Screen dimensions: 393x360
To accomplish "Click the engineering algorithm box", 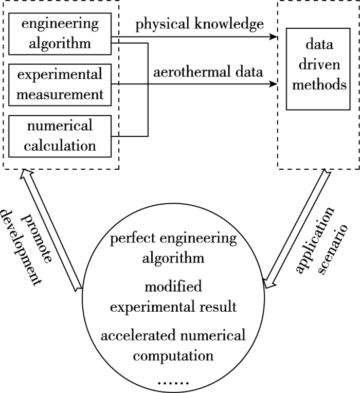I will [61, 33].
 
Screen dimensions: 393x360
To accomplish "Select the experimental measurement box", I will [61, 83].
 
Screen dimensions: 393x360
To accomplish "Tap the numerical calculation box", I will [61, 135].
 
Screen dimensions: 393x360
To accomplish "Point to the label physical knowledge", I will [200, 25].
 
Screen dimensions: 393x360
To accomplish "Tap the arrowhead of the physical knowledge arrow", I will [273, 37].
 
